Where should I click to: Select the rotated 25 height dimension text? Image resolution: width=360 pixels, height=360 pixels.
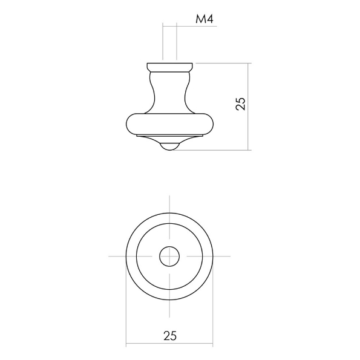(x=240, y=103)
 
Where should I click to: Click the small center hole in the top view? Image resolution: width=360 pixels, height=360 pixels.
(x=169, y=257)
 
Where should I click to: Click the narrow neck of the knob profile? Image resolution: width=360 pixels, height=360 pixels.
(x=169, y=91)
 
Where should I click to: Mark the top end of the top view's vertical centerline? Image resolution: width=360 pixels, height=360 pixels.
(x=169, y=198)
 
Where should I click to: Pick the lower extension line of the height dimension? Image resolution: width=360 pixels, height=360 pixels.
(x=212, y=150)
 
